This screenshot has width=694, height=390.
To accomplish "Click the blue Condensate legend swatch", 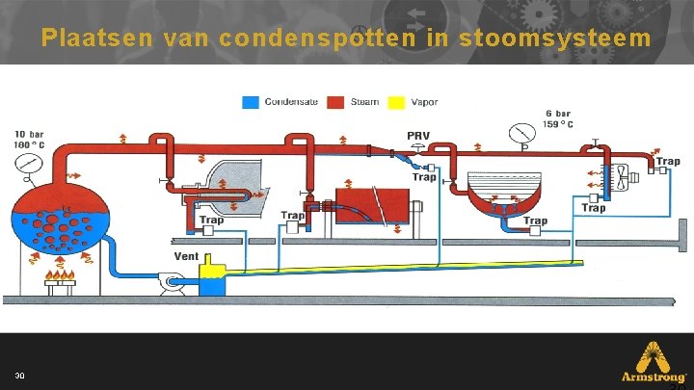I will tap(250, 101).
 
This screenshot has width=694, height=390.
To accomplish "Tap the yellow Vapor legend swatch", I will tap(394, 101).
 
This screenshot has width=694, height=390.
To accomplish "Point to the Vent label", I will tap(186, 257).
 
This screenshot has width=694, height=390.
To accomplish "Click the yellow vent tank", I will tap(209, 281).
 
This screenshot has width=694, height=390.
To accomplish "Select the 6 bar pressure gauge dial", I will tap(523, 133).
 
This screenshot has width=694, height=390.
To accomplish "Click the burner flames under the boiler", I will tap(62, 279).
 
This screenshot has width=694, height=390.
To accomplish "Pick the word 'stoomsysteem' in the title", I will tap(558, 38).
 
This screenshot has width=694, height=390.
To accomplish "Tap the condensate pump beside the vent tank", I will tap(171, 282).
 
